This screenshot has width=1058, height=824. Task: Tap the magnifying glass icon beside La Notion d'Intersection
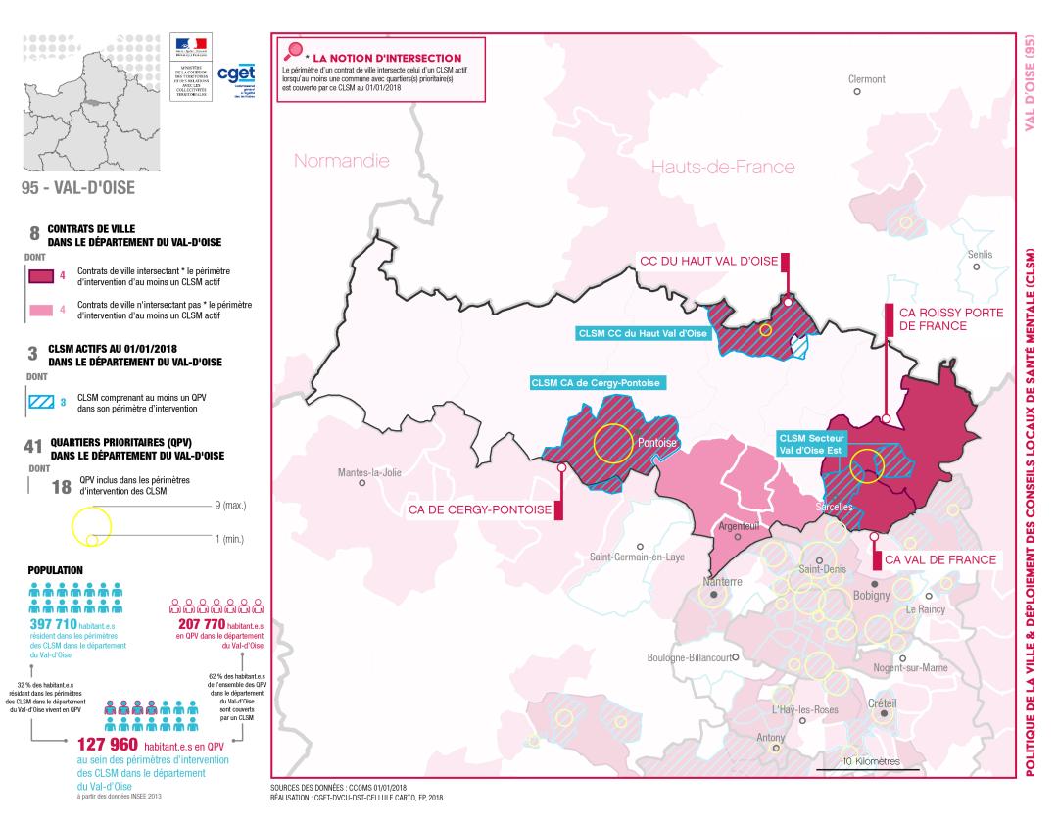click(291, 52)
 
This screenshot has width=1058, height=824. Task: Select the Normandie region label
click(342, 161)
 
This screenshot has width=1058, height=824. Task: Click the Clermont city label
click(866, 79)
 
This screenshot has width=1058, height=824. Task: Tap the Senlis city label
click(979, 255)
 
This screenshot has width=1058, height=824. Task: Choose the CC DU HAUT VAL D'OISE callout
click(707, 261)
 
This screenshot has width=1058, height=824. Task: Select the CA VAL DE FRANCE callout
click(939, 559)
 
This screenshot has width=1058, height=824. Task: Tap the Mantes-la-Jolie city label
click(369, 472)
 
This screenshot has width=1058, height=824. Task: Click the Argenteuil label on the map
click(740, 526)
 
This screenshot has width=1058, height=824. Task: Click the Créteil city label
click(882, 703)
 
